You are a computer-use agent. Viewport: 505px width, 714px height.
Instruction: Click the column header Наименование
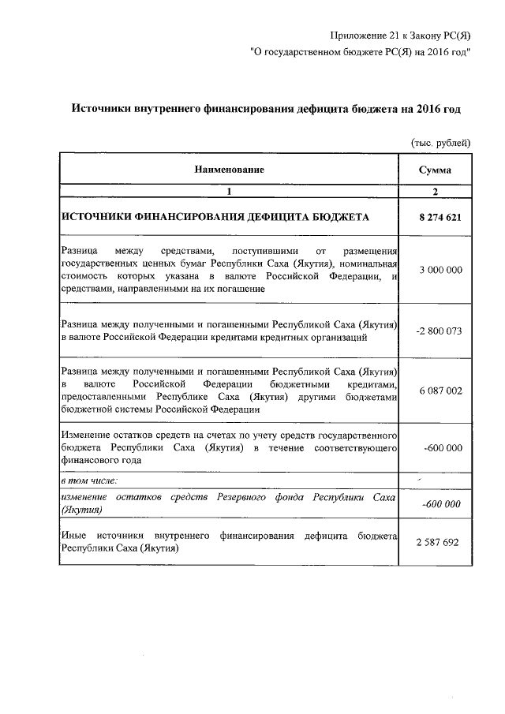coord(230,170)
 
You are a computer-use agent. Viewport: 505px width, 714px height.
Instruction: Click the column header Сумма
coord(435,170)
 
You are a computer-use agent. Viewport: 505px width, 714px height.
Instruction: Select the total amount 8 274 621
coord(435,215)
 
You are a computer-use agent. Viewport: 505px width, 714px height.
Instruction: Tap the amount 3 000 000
coord(435,270)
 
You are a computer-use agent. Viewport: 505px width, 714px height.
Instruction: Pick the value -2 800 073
coord(435,331)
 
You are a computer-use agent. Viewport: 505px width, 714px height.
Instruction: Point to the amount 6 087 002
coord(435,389)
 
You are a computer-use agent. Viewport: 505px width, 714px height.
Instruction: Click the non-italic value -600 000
coord(443,447)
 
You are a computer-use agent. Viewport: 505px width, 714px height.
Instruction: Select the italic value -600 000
coord(443,503)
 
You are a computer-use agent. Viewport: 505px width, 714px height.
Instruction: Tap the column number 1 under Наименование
coord(230,192)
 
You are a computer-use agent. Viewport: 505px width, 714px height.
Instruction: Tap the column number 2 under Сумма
coord(435,192)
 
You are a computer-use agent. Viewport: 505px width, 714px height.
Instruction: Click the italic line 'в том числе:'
coord(90,479)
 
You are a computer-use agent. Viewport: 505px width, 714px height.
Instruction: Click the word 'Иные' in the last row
coord(73,536)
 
